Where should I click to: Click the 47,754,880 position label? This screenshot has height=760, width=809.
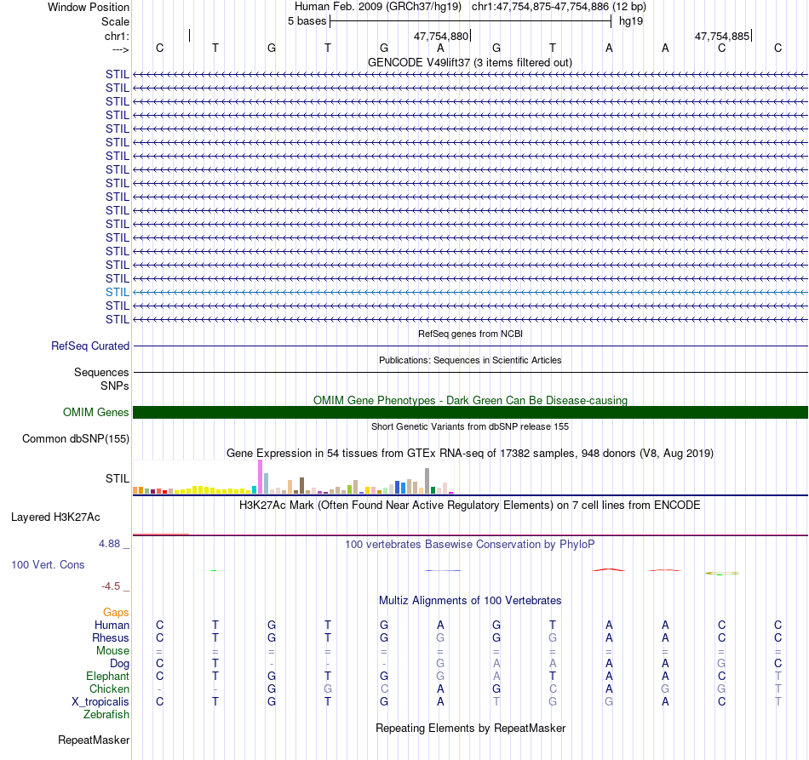coord(441,37)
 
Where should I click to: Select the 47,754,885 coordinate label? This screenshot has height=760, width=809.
coord(722,37)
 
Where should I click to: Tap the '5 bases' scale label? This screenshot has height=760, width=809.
coord(307,21)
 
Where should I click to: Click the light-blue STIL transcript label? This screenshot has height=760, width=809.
coord(118,292)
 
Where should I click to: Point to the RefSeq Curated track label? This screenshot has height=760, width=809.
coord(90,346)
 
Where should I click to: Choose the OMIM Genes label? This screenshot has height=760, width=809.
coord(96,413)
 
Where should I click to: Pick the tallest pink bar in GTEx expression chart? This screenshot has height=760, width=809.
coord(260,477)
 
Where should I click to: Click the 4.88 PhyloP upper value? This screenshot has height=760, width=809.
coord(112,543)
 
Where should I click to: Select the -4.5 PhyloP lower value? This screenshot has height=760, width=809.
coord(114,586)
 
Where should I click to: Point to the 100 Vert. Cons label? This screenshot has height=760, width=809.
coord(48,564)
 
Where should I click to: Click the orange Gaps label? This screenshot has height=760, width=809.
coord(116,612)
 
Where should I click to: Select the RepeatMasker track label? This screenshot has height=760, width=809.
coord(93,740)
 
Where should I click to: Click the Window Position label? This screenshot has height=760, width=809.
coord(89,7)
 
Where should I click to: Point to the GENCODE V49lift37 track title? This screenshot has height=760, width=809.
coord(469,62)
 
